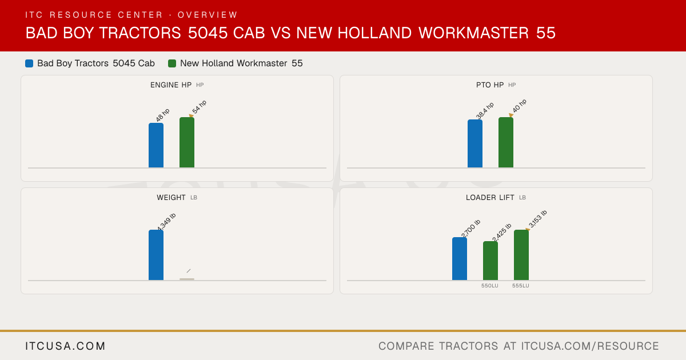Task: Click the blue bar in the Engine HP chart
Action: (x=156, y=145)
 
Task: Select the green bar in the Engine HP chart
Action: (x=187, y=142)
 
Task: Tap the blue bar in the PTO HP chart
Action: (x=475, y=143)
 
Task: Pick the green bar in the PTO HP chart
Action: (x=506, y=142)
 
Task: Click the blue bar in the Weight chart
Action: (x=156, y=255)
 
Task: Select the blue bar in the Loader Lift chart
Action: (x=460, y=259)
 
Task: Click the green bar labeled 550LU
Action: (x=490, y=261)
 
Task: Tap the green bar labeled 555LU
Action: (x=521, y=255)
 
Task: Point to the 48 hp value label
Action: (x=162, y=115)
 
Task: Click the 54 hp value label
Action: (x=200, y=107)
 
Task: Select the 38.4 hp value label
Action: (x=485, y=110)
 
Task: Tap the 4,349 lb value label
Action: (x=166, y=222)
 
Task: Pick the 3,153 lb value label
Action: (x=538, y=219)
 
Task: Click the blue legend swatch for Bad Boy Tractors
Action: (x=29, y=63)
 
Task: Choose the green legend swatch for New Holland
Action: (x=172, y=63)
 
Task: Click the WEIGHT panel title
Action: (x=171, y=198)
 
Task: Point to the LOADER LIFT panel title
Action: (x=490, y=198)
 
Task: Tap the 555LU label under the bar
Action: (x=521, y=286)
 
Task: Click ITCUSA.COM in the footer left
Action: (x=65, y=346)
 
